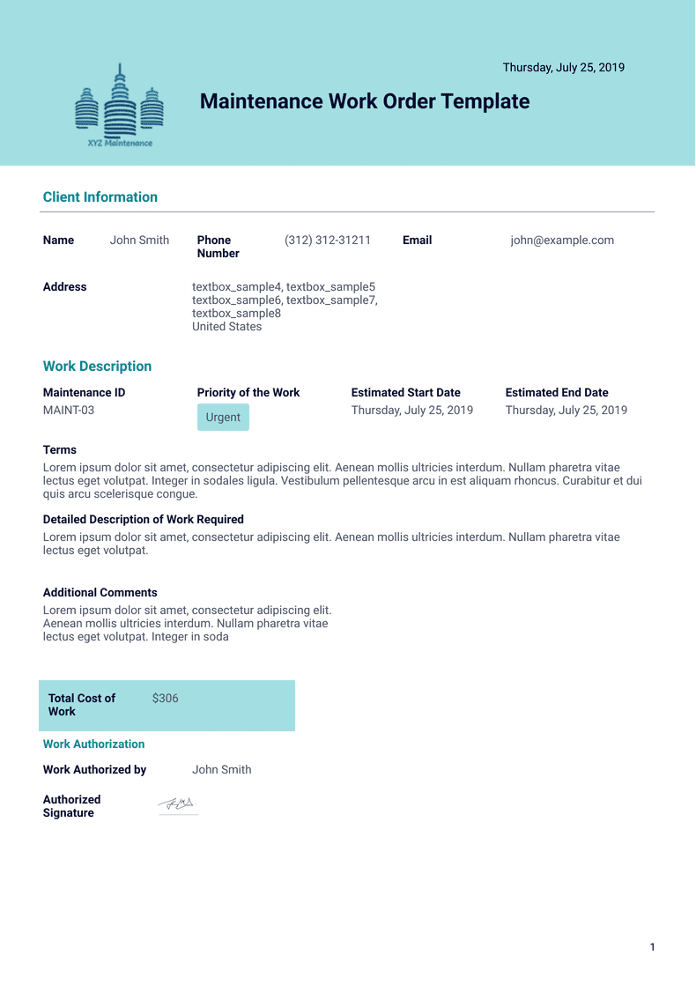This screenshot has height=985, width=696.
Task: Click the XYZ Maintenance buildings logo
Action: point(120,106)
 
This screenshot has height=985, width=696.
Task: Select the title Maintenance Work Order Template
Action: point(365,101)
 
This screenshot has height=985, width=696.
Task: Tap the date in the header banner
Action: point(563,67)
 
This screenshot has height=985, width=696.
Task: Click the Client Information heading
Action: point(100,197)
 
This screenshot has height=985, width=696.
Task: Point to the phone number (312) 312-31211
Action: point(328,240)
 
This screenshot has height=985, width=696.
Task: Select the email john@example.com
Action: point(562,240)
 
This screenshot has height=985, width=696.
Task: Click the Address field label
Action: point(65,286)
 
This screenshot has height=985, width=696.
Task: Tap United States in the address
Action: point(226,326)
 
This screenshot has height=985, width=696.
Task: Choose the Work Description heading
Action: point(97,367)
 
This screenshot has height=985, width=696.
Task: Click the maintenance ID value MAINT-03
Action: point(69,410)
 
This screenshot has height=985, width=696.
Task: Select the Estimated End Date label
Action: point(557,393)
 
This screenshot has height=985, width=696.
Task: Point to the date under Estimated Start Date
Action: point(412,410)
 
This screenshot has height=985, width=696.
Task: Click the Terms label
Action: point(60,449)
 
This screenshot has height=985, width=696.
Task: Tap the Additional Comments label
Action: point(100,593)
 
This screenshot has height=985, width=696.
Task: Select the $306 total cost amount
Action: point(166,698)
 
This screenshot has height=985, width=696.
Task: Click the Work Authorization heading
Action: point(93,744)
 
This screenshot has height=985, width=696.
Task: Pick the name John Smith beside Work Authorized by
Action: point(222,769)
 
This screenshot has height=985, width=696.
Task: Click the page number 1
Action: point(652,947)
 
